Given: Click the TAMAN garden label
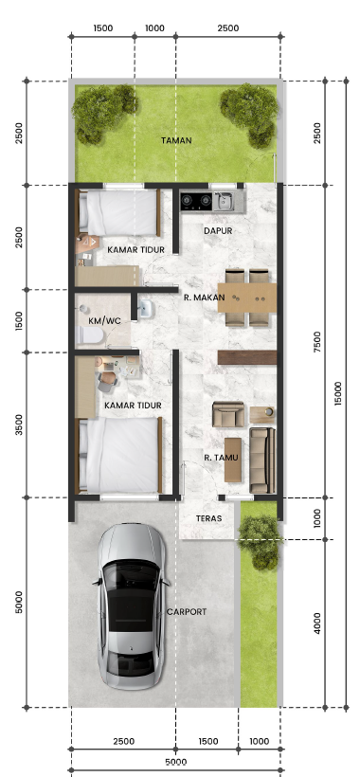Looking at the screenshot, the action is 176,140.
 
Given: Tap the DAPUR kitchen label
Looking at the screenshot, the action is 218,231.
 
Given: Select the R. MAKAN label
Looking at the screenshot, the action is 204,298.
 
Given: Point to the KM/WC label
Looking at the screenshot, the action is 104,321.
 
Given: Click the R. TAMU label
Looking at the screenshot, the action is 221,458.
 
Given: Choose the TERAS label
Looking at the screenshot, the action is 208,519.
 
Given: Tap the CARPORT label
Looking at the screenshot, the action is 187,612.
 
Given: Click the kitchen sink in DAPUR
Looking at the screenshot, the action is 224,201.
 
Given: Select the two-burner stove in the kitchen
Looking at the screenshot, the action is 197,201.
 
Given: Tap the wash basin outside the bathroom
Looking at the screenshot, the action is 146,309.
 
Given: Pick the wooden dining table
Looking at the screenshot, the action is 247,298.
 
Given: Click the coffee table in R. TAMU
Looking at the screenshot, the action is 233,460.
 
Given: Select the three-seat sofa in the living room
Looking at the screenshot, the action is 262,461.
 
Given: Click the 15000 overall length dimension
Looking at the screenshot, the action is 337,393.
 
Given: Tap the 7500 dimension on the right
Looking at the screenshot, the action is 317,342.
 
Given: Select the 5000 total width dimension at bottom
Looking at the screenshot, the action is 176,762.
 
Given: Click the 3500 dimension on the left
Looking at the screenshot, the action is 19,425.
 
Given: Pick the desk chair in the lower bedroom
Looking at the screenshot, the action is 107,381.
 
